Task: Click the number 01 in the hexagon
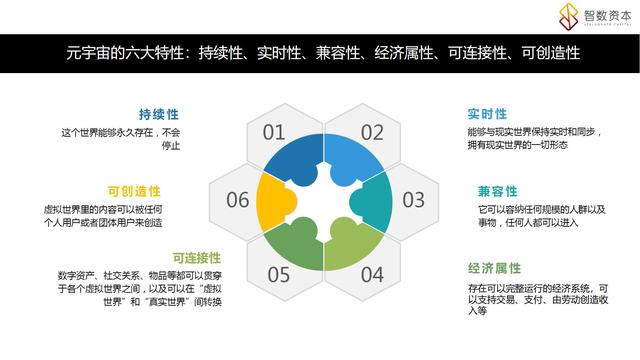click(x=274, y=132)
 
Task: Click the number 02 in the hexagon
click(x=372, y=132)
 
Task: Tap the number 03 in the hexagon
click(x=414, y=199)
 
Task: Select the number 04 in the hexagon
click(x=372, y=273)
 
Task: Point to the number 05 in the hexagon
click(x=279, y=273)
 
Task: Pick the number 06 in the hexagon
click(x=237, y=200)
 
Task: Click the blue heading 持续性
click(x=159, y=114)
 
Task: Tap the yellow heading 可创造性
click(x=134, y=190)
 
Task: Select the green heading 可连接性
click(x=196, y=258)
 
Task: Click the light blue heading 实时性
click(x=487, y=114)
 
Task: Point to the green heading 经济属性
click(x=494, y=268)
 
